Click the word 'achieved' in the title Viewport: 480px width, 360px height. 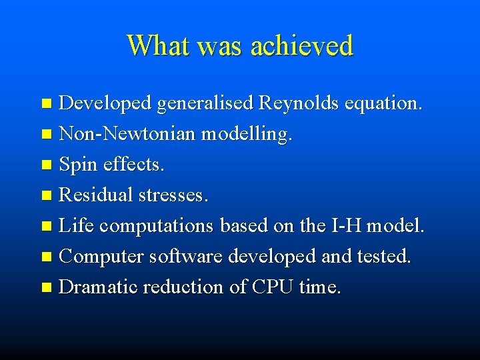point(301,45)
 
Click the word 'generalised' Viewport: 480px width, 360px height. point(205,104)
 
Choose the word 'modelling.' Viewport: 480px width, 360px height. point(247,134)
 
